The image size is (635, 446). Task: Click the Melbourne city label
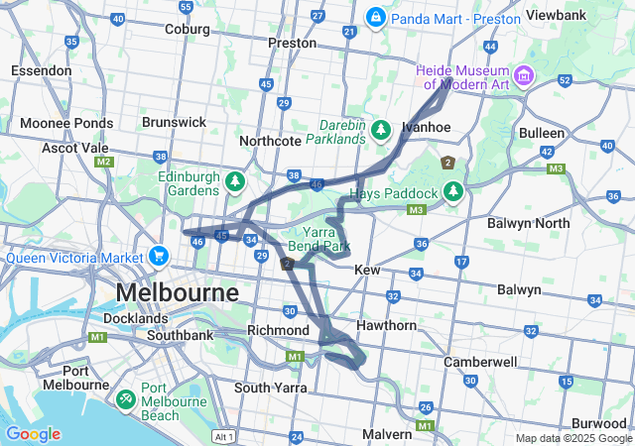(178, 293)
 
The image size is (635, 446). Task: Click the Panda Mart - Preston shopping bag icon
(377, 18)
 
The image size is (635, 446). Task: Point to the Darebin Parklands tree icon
(381, 130)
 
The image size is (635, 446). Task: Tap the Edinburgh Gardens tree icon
(235, 182)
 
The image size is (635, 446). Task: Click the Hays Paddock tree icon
(453, 189)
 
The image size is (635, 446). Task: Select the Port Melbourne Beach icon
(126, 398)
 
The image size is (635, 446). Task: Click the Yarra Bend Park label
(319, 239)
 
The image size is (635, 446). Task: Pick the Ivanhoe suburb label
(427, 127)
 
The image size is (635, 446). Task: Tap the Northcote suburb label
(270, 141)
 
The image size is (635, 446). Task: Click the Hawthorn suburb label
(388, 325)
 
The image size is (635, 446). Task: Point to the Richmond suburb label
(279, 329)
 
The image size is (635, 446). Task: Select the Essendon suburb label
(41, 70)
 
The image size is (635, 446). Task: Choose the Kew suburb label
(367, 270)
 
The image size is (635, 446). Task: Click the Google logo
(33, 434)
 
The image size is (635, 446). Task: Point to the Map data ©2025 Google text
(572, 438)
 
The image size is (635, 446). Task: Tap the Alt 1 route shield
(224, 436)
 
